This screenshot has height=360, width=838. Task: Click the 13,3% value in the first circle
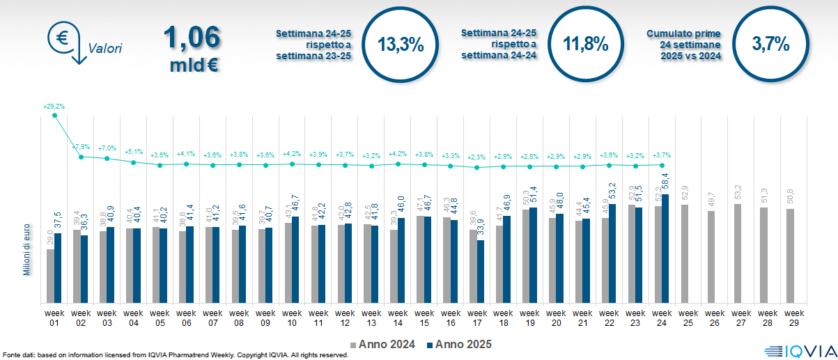point(401,45)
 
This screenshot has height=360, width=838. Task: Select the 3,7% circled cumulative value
point(771,45)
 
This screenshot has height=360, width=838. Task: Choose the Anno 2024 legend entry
point(386,344)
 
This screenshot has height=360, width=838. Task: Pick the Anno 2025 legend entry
point(459,344)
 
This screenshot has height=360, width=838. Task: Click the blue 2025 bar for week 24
point(665,249)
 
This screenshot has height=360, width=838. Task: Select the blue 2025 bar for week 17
point(481,272)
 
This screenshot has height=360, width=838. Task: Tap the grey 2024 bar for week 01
point(50,276)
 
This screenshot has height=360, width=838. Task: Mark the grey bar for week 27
point(737,253)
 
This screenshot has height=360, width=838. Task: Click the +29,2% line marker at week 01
point(55,115)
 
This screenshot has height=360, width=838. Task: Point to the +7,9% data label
point(82,147)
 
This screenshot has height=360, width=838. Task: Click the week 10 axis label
point(292,318)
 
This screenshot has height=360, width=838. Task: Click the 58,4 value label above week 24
point(665,182)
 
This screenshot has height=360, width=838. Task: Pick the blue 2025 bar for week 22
point(612,253)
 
